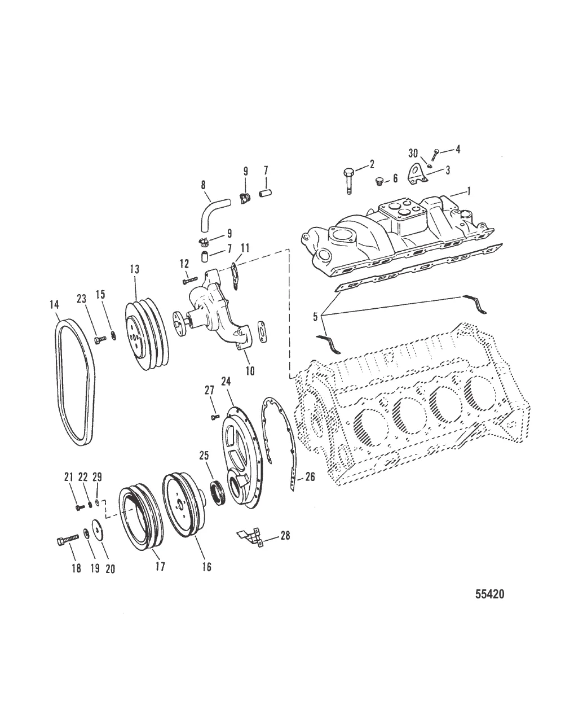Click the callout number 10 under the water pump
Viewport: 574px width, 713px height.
point(249,371)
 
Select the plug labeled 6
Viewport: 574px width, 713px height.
point(380,181)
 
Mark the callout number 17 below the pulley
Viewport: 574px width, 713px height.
point(160,566)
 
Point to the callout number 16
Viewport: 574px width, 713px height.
point(206,567)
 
